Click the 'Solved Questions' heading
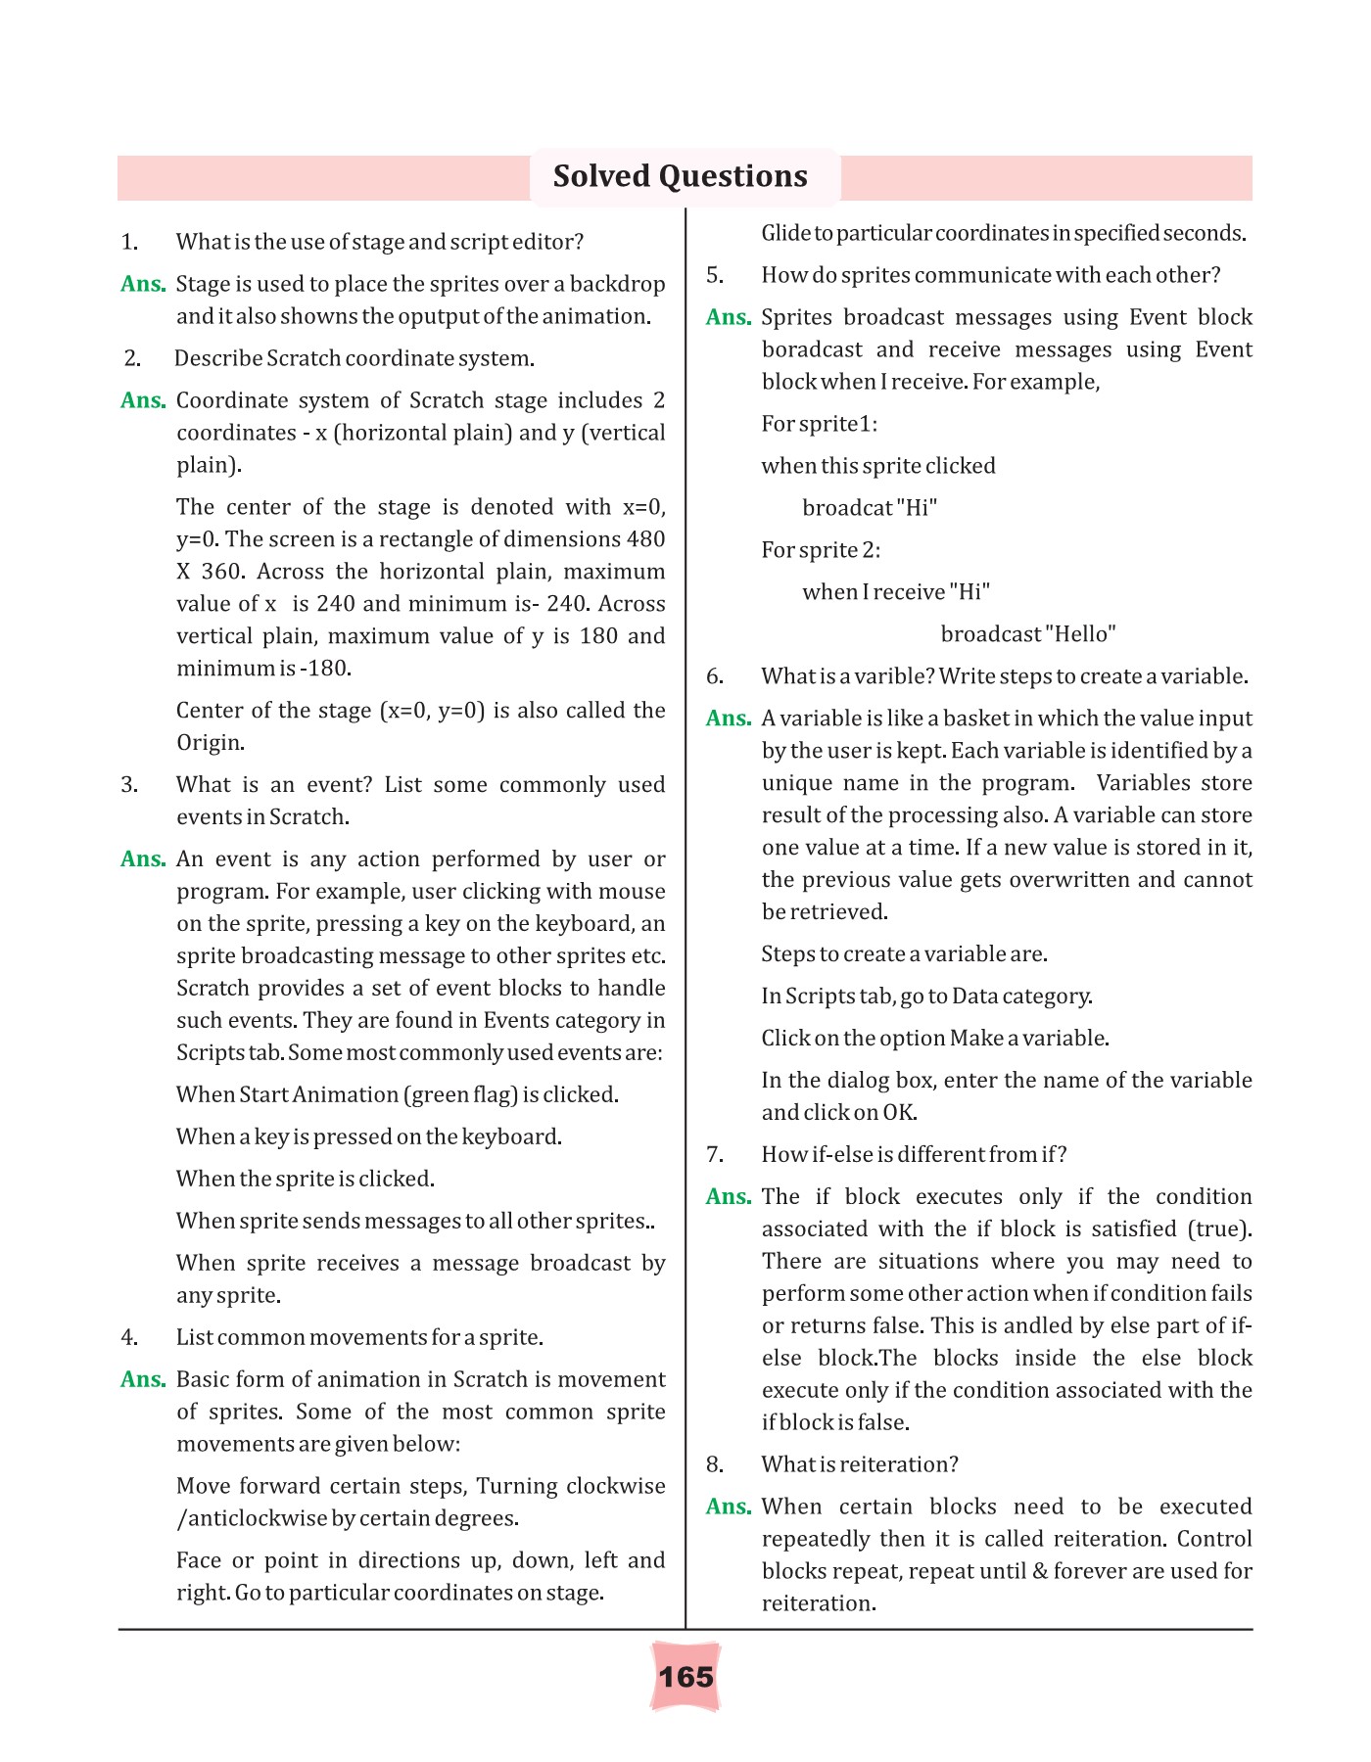(x=680, y=176)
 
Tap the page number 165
(x=685, y=1677)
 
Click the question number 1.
(x=129, y=242)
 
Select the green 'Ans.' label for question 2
(x=143, y=400)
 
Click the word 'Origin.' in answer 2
(x=210, y=743)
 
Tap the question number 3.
(x=129, y=785)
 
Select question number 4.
(x=129, y=1337)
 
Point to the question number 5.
(x=715, y=275)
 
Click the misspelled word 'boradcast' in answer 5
(x=812, y=349)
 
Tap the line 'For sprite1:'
(x=820, y=424)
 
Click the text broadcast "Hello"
(x=1028, y=634)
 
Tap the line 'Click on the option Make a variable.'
(x=935, y=1038)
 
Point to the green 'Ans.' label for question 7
(x=729, y=1196)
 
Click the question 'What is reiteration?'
(x=860, y=1464)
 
